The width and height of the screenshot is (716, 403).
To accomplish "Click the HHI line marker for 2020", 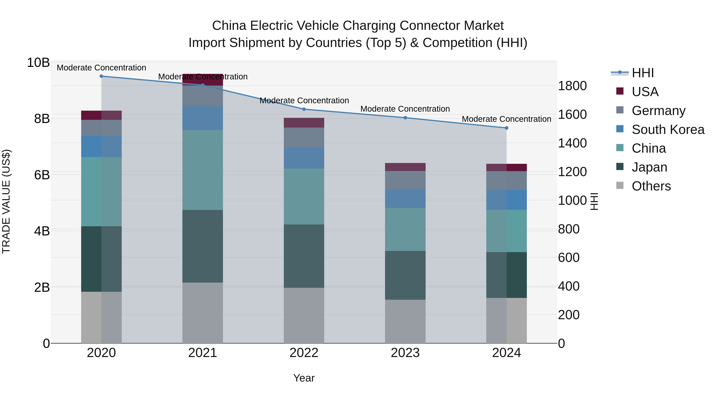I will (101, 76).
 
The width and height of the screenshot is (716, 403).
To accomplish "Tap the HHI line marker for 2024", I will (506, 128).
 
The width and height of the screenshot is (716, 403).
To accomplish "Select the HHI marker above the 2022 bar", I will (304, 109).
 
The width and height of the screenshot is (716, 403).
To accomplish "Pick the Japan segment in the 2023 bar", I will (405, 275).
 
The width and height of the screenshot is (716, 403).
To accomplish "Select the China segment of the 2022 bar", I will (304, 196).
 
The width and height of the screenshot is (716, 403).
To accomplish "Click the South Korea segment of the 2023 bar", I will (405, 199).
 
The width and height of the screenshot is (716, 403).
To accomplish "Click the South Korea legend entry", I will (668, 130).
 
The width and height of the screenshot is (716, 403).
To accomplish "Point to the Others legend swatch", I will (620, 185).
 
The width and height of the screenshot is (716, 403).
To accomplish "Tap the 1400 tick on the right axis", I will (572, 143).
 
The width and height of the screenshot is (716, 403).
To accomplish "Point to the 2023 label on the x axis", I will (405, 353).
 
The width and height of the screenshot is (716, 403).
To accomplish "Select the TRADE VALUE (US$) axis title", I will (6, 201).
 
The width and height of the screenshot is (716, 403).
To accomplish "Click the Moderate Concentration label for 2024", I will (506, 119).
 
